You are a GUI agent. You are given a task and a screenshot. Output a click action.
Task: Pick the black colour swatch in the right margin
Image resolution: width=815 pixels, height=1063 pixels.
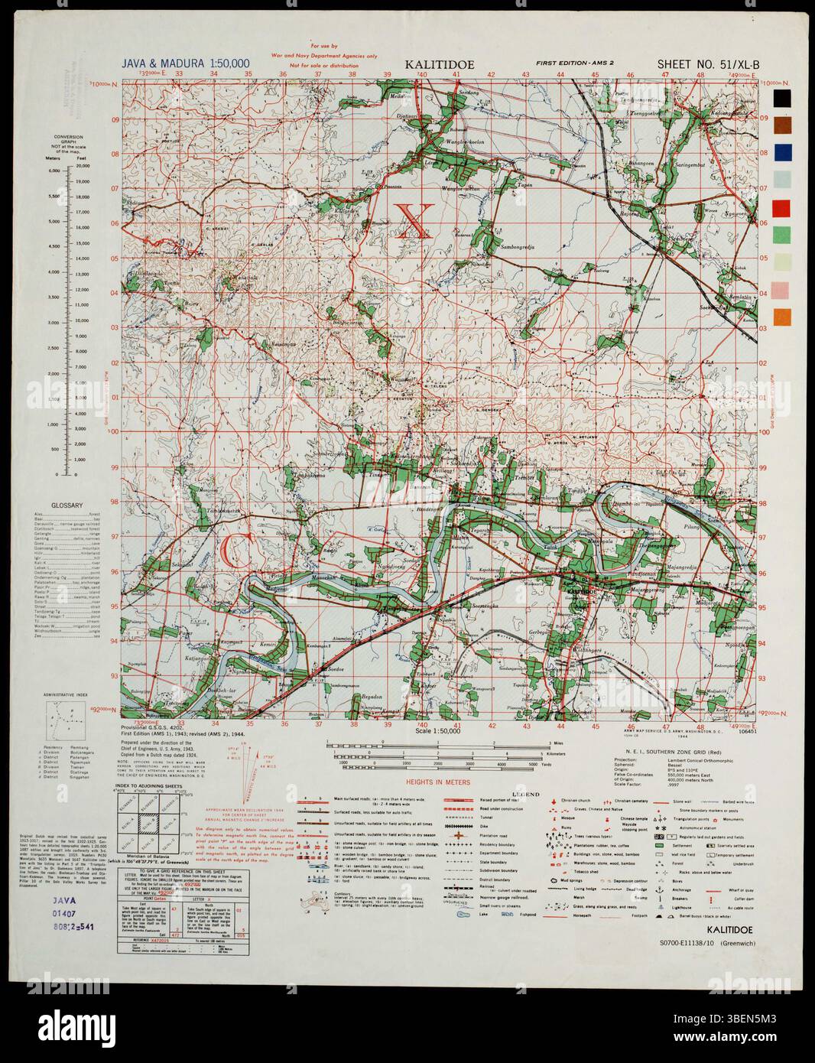tap(781, 98)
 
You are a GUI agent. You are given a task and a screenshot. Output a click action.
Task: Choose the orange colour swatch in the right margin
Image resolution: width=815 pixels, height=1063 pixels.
tap(781, 317)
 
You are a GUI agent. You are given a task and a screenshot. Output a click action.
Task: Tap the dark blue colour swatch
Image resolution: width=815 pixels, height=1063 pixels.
tap(781, 152)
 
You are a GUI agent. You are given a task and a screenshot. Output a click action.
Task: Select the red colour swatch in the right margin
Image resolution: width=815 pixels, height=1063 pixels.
tap(781, 207)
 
